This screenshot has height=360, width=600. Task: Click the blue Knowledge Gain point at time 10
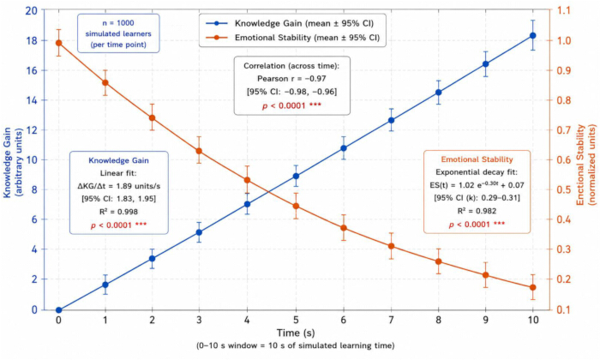532,36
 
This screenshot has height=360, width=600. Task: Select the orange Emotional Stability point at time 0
58,43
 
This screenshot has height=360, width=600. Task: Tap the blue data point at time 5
296,176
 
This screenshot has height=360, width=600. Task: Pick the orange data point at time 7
391,246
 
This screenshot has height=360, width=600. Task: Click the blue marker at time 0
58,310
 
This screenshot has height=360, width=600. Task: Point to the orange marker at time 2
152,117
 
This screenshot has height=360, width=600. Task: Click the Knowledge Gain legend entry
290,23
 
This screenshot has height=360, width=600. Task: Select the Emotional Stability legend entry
293,38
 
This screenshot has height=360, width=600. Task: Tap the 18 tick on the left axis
32,40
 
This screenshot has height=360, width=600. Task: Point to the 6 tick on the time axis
343,320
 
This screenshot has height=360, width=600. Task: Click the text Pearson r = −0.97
291,79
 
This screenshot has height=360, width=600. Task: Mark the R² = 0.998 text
118,212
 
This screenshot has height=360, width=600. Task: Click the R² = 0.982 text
477,211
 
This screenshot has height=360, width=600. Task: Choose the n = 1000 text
118,23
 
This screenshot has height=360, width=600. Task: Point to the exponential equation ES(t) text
477,185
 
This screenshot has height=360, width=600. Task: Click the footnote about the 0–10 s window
296,345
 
